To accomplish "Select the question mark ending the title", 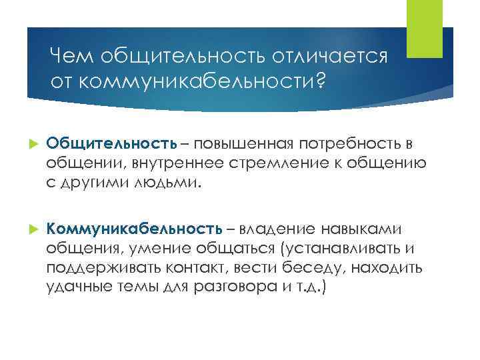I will tap(320, 81).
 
